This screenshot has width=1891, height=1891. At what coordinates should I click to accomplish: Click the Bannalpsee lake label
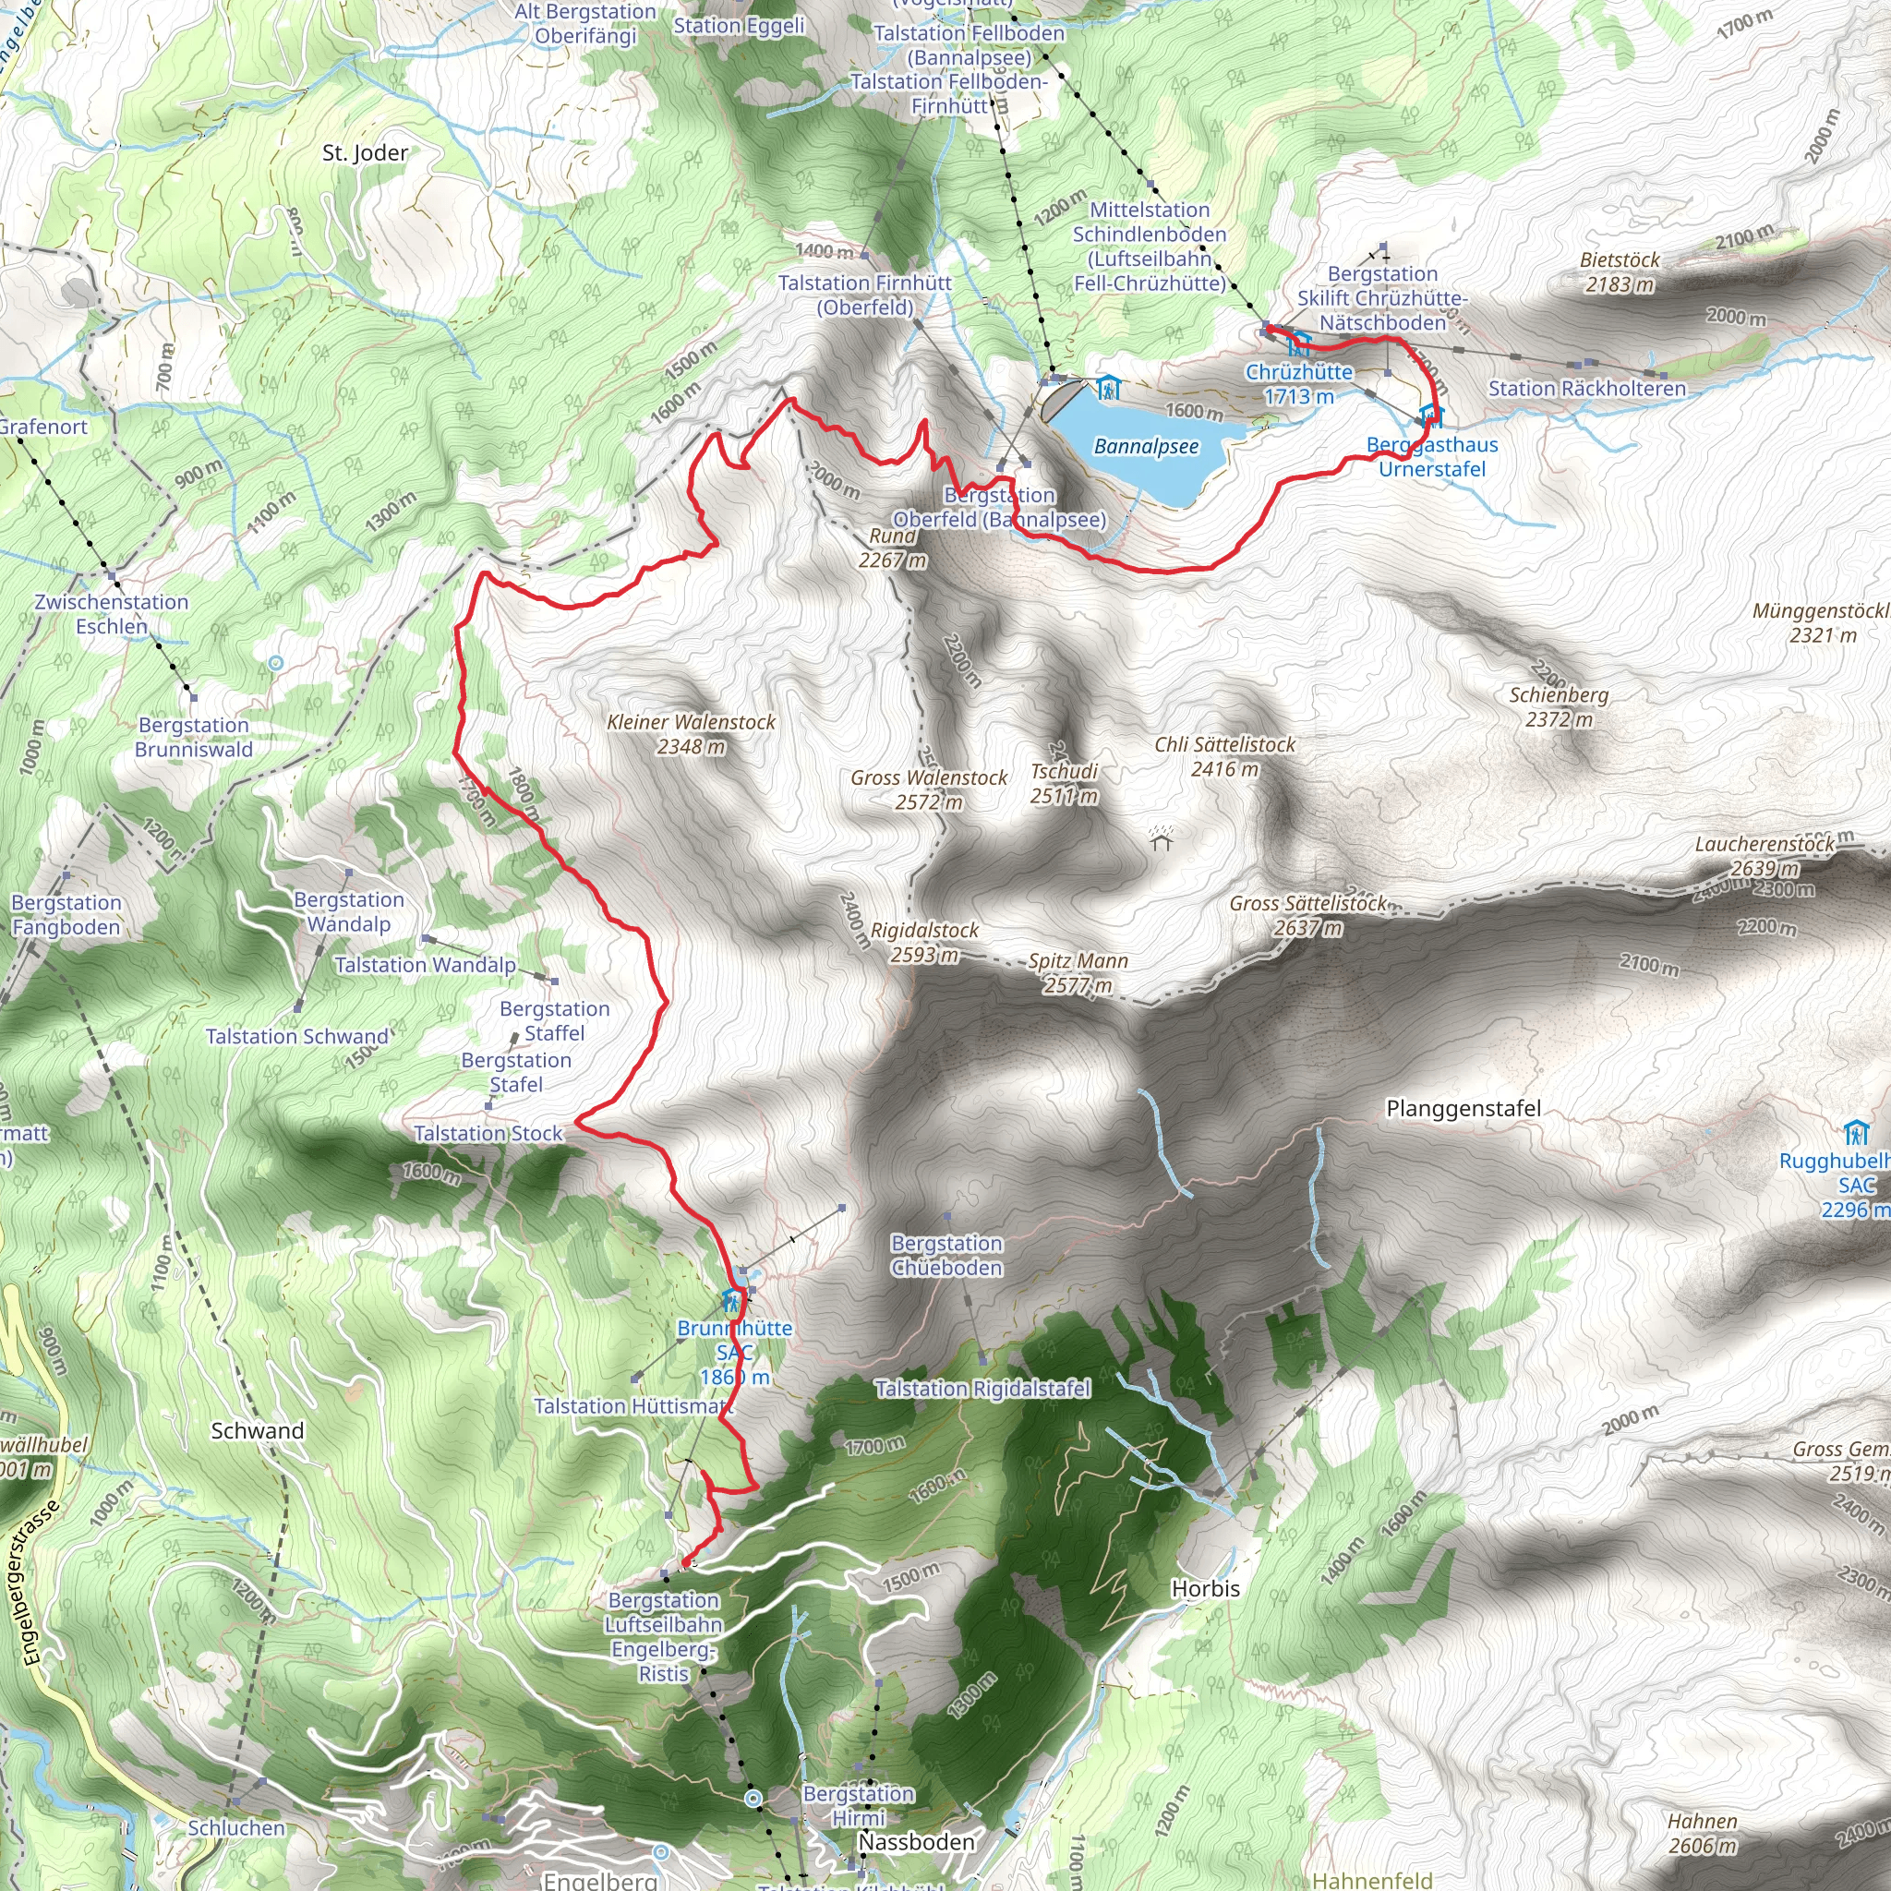(1146, 447)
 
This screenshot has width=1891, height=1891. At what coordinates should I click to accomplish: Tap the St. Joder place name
(365, 152)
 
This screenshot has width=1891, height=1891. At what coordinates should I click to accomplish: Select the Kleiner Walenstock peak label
(691, 734)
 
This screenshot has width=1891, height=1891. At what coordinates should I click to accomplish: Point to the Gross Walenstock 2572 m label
(929, 789)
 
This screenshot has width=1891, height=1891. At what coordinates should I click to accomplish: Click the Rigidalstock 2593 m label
(924, 942)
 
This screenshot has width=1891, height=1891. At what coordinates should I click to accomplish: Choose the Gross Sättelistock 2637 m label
(1307, 915)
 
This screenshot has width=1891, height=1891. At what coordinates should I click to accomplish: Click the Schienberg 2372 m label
(1559, 706)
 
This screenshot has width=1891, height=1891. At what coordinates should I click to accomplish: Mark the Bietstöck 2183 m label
(1620, 272)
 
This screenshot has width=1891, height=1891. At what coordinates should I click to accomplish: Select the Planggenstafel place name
(1463, 1108)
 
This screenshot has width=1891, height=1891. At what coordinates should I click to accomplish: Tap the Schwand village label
(258, 1431)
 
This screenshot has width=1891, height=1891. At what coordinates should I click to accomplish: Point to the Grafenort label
(43, 427)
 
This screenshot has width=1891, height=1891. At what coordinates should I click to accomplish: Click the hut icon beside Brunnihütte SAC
(731, 1301)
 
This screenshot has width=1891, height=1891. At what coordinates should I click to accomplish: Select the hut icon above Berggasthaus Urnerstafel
(1431, 416)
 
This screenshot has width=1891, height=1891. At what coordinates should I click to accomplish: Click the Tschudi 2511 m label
(1064, 783)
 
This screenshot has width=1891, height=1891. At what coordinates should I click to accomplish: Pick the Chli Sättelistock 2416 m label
(1224, 756)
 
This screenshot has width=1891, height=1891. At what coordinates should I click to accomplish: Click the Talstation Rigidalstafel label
(982, 1389)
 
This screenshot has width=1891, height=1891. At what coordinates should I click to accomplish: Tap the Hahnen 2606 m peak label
(1702, 1833)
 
